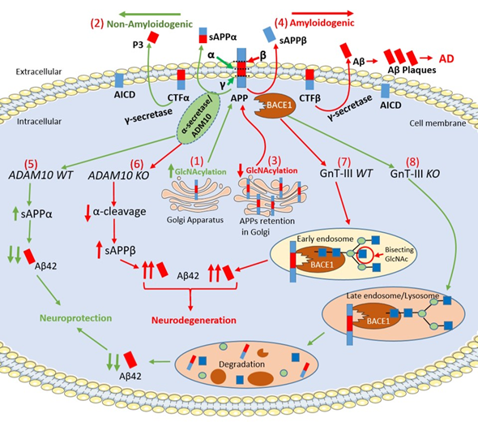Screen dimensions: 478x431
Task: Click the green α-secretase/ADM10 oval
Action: pyautogui.click(x=198, y=118)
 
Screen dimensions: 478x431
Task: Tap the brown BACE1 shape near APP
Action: pyautogui.click(x=274, y=106)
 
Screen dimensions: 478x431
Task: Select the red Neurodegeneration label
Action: pyautogui.click(x=194, y=320)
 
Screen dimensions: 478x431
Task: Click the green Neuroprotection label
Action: pyautogui.click(x=76, y=318)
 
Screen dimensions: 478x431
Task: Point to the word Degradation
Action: pyautogui.click(x=241, y=364)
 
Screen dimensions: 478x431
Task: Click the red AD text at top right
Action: pyautogui.click(x=446, y=58)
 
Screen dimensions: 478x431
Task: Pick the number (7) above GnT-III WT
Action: pyautogui.click(x=344, y=162)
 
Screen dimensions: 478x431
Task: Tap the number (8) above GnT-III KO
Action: pyautogui.click(x=412, y=162)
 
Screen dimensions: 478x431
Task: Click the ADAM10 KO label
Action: pyautogui.click(x=118, y=175)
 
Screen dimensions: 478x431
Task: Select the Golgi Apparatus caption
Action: pyautogui.click(x=195, y=220)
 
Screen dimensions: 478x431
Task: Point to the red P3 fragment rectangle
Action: pyautogui.click(x=153, y=37)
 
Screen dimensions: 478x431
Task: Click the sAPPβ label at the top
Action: pyautogui.click(x=293, y=40)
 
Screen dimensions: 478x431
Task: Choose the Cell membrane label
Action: pyautogui.click(x=437, y=123)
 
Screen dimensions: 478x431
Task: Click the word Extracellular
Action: pyautogui.click(x=39, y=71)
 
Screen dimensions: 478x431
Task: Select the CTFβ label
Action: pyautogui.click(x=309, y=98)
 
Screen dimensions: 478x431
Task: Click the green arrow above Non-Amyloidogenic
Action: pyautogui.click(x=150, y=14)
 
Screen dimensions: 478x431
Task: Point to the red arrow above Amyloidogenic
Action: pyautogui.click(x=322, y=14)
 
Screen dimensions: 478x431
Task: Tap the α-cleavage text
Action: pyautogui.click(x=120, y=211)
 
